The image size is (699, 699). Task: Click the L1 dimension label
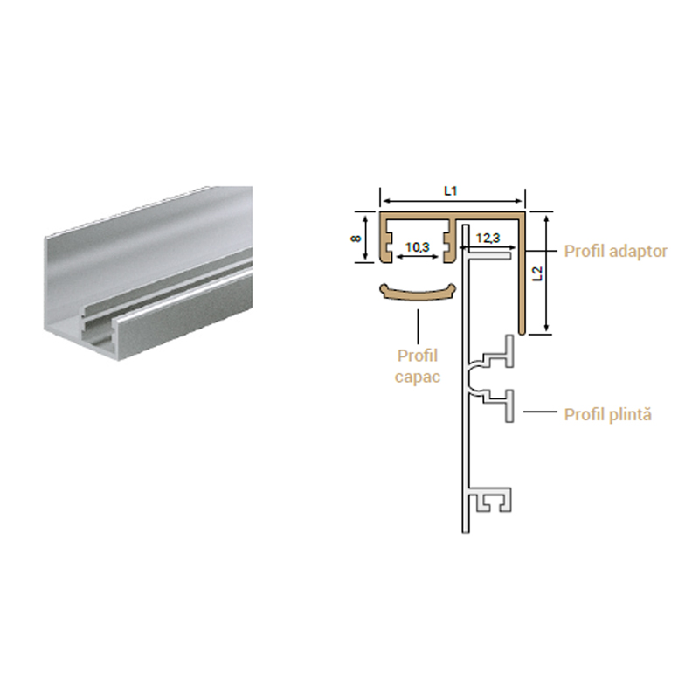click(x=451, y=191)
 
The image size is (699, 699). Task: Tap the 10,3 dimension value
click(x=418, y=246)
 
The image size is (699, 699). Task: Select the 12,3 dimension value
click(x=488, y=238)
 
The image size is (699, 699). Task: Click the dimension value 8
click(x=356, y=239)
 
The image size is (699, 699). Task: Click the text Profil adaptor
click(x=616, y=251)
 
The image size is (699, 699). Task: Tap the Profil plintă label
click(x=607, y=414)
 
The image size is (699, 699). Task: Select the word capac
click(x=418, y=377)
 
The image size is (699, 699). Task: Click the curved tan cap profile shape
click(x=418, y=293)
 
